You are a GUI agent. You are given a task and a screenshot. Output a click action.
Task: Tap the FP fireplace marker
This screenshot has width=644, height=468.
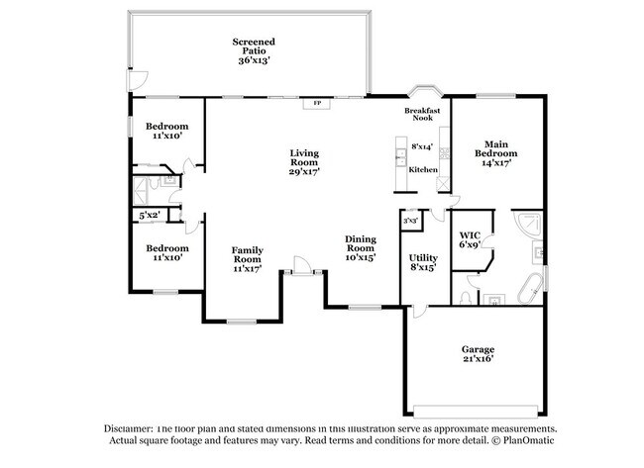click(317, 103)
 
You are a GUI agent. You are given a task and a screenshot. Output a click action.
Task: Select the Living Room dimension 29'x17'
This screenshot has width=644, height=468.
click(304, 171)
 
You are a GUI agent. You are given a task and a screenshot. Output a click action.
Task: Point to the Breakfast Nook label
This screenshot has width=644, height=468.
click(423, 114)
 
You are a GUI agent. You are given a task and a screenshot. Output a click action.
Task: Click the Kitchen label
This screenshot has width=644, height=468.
click(423, 169)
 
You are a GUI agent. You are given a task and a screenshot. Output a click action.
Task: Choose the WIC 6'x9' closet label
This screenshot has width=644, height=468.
click(470, 238)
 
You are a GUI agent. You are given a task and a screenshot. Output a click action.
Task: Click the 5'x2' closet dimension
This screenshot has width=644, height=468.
click(150, 215)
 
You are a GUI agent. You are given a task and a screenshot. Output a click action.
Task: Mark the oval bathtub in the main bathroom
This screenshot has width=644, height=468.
click(528, 288)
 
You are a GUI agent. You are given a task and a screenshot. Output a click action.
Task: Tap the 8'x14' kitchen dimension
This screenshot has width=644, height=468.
click(423, 147)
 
